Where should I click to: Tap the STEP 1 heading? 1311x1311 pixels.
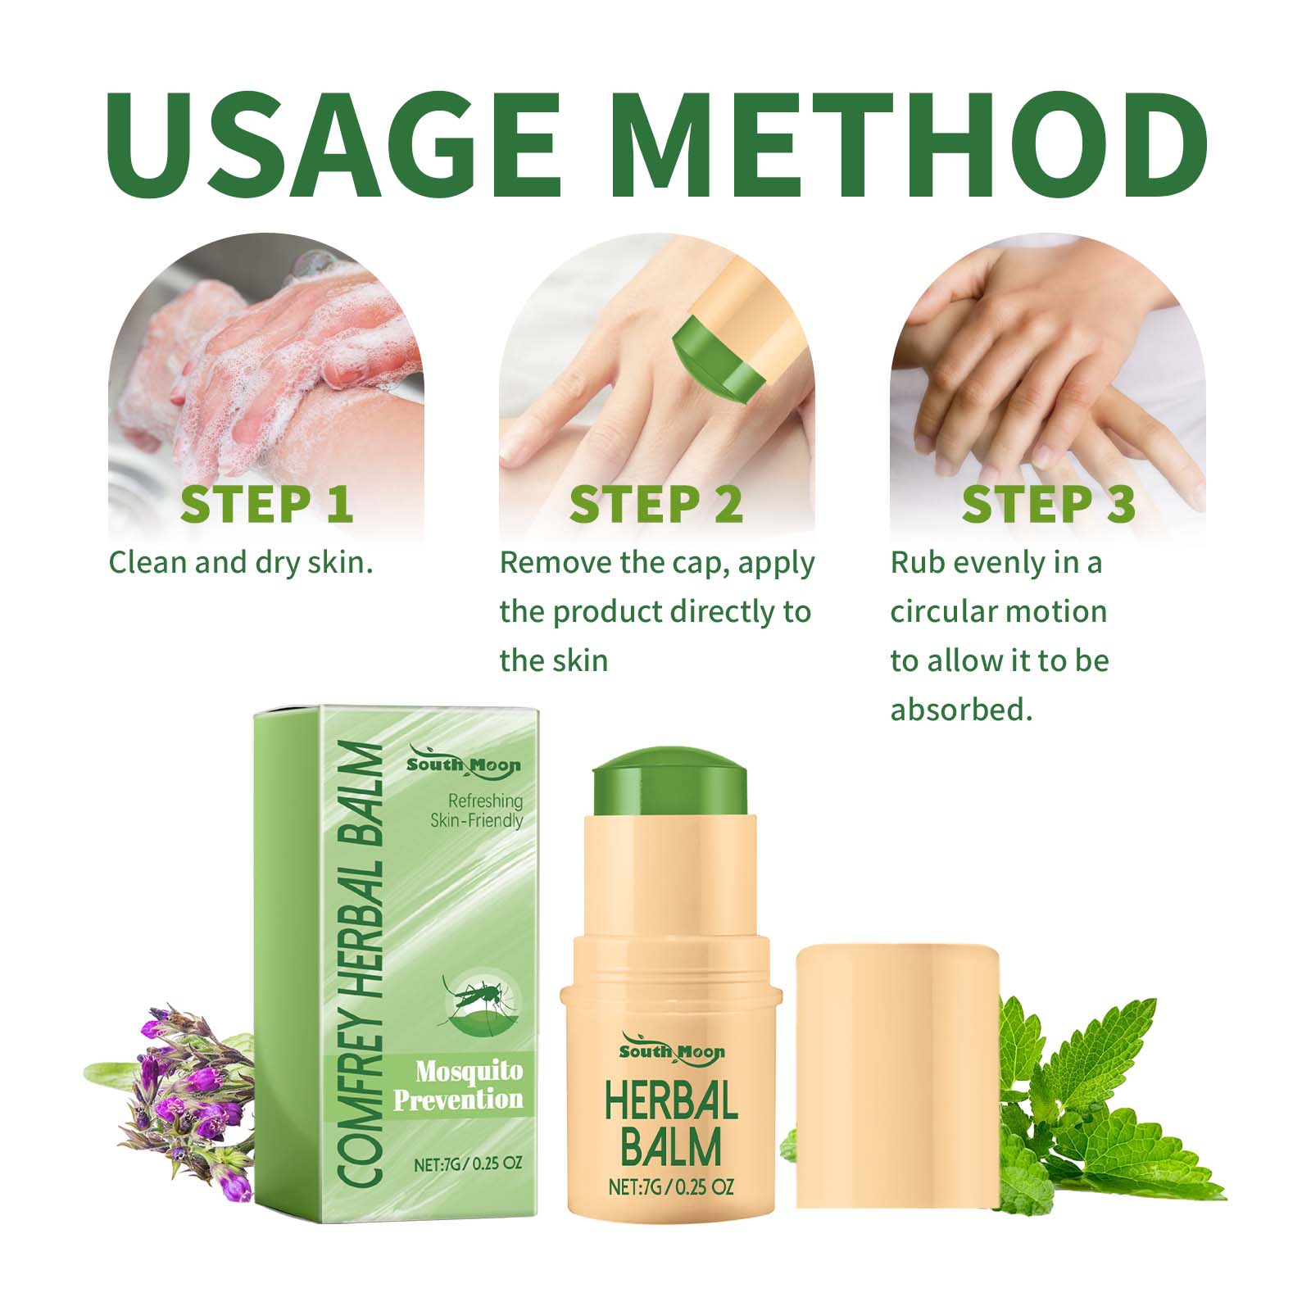click(x=266, y=504)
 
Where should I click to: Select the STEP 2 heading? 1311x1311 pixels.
click(x=655, y=504)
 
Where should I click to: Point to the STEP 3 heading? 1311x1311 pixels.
click(x=1048, y=504)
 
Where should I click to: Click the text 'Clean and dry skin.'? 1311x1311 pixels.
click(x=241, y=563)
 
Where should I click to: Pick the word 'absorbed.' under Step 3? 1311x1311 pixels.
click(x=962, y=710)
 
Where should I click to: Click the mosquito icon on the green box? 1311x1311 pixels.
click(x=480, y=1003)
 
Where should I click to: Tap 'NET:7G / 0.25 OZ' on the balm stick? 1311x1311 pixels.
click(x=671, y=1186)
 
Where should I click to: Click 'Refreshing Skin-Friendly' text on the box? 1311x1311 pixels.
click(x=477, y=810)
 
